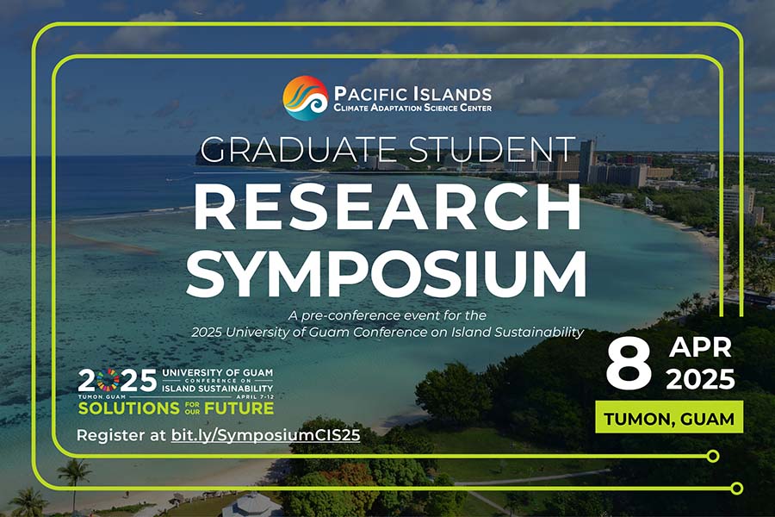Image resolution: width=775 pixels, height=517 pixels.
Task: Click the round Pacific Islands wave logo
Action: click(x=305, y=98)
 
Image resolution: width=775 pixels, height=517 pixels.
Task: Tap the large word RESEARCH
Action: click(x=387, y=207)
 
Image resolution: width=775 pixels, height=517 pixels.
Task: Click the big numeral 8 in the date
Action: click(x=629, y=365)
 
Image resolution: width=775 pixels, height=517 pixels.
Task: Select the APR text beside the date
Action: click(x=700, y=348)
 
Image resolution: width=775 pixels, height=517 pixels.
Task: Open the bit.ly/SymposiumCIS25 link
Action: click(x=265, y=435)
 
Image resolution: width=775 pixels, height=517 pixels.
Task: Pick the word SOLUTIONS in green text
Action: click(x=128, y=408)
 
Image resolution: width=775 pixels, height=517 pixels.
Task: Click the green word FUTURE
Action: click(x=239, y=408)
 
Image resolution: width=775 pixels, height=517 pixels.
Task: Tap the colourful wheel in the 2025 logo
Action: click(x=108, y=381)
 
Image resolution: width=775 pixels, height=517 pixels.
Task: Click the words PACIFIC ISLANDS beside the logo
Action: click(x=412, y=94)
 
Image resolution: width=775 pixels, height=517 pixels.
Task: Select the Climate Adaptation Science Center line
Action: click(x=412, y=108)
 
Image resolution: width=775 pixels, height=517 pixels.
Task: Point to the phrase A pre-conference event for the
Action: click(x=387, y=315)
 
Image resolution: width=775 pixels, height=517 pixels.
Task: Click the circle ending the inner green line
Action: click(x=713, y=456)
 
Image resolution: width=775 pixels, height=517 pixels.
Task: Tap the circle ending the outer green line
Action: click(x=737, y=489)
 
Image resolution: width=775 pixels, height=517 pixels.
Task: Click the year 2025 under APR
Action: click(x=700, y=379)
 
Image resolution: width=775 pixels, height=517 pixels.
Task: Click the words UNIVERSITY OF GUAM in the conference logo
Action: click(x=218, y=372)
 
